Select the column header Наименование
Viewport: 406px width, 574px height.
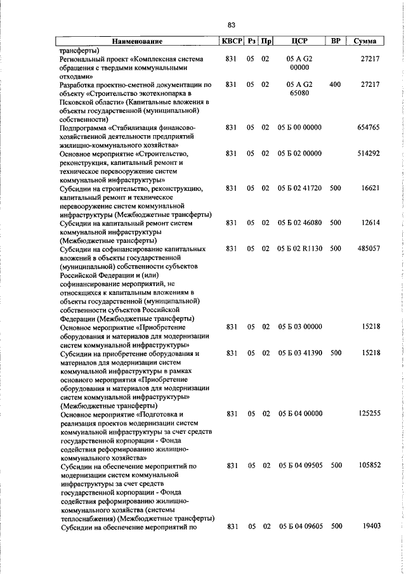[x=137, y=41]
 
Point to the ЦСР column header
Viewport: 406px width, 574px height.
[x=299, y=41]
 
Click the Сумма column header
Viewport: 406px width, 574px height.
[x=365, y=41]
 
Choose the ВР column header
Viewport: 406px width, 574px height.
[x=336, y=41]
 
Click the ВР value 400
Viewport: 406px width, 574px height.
[x=336, y=84]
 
